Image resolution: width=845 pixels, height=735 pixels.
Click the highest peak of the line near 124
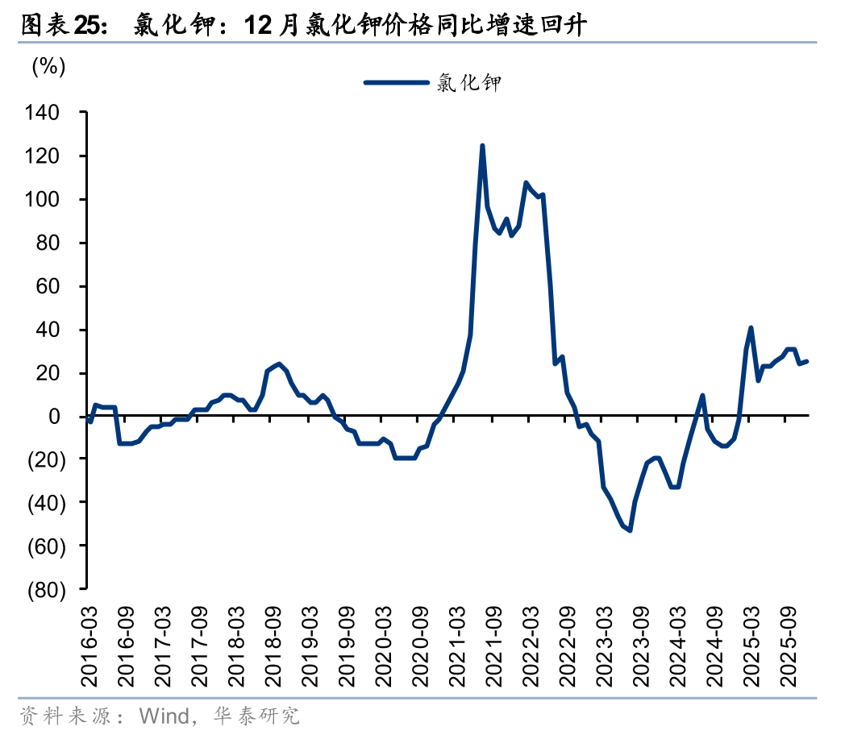[x=482, y=146]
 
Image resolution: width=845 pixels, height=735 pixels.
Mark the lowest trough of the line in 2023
[x=629, y=529]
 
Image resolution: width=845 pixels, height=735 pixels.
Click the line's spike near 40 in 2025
[x=751, y=328]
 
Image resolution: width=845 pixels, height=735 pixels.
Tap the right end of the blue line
[x=807, y=361]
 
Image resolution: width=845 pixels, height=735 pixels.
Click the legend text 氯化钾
[x=468, y=82]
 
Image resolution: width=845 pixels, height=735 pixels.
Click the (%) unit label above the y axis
[x=48, y=67]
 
